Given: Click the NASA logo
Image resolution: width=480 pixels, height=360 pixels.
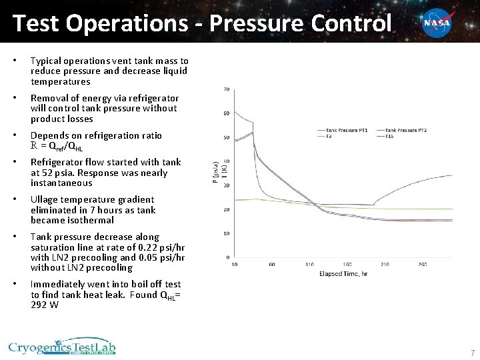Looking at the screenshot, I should (437, 23).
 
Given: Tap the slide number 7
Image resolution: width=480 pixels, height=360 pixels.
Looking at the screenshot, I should (472, 353).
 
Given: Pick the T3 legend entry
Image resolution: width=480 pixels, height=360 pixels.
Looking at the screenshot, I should (329, 135).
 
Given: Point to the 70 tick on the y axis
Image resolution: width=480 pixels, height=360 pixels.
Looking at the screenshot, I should (227, 89).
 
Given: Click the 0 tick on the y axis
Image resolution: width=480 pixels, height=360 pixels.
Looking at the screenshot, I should (228, 257).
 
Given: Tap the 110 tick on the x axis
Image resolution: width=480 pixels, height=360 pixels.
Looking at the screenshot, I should (310, 265).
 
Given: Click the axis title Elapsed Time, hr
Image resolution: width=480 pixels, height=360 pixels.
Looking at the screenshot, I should (343, 273).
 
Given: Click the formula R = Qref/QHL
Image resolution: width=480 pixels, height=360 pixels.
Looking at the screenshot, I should (57, 146).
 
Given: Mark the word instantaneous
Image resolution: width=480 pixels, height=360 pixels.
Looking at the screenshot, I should (61, 183).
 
